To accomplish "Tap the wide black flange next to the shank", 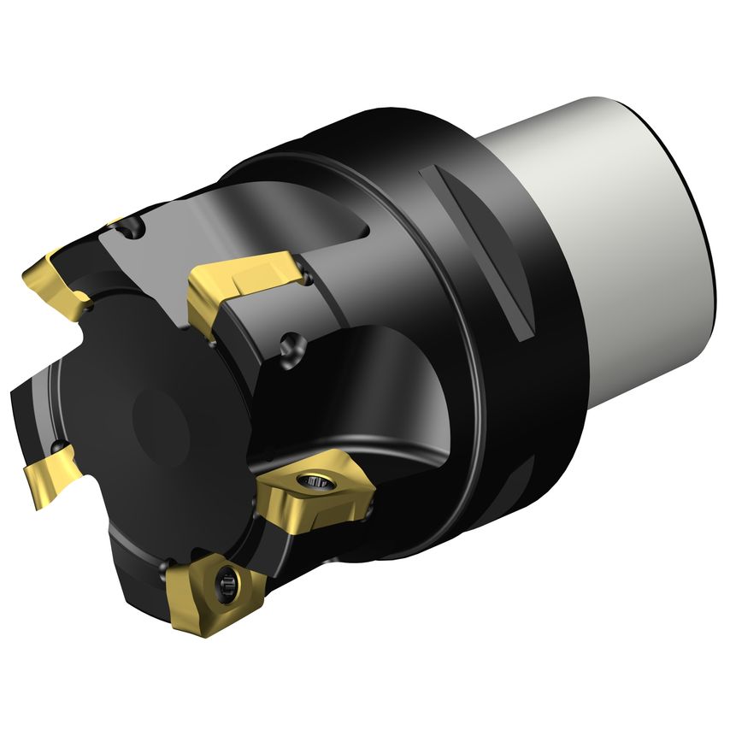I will click(530, 342).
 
